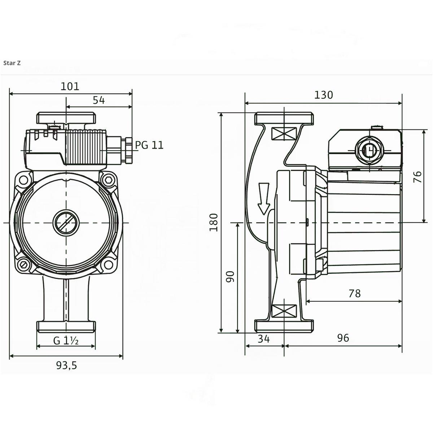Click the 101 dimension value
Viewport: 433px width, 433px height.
[70, 86]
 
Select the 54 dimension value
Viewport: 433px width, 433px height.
[99, 100]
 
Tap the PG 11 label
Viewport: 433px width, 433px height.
[149, 145]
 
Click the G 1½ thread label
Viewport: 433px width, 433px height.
[66, 340]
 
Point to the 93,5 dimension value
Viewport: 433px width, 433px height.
[66, 366]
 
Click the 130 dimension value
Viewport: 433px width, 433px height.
[323, 95]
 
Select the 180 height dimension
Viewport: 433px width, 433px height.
[214, 222]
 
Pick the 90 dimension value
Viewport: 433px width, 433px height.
[231, 276]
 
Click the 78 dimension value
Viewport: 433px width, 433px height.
[354, 293]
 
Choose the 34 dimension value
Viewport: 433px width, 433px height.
[264, 338]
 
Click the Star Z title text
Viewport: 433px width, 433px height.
[12, 63]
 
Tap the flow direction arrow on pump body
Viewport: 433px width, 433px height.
[264, 198]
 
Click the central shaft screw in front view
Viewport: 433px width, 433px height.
[66, 223]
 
